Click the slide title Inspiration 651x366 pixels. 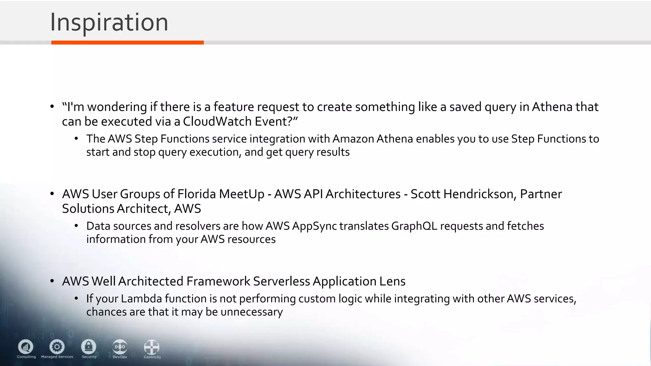click(109, 22)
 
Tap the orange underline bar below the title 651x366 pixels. click(127, 43)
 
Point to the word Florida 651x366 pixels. click(196, 194)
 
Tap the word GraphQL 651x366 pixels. click(414, 226)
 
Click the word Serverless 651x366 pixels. click(281, 281)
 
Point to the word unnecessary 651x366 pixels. click(251, 312)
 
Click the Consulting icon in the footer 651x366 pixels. click(26, 347)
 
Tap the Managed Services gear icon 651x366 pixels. click(57, 347)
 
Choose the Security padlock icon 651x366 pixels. click(89, 347)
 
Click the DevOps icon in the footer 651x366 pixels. click(120, 347)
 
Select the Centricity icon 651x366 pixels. click(152, 347)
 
